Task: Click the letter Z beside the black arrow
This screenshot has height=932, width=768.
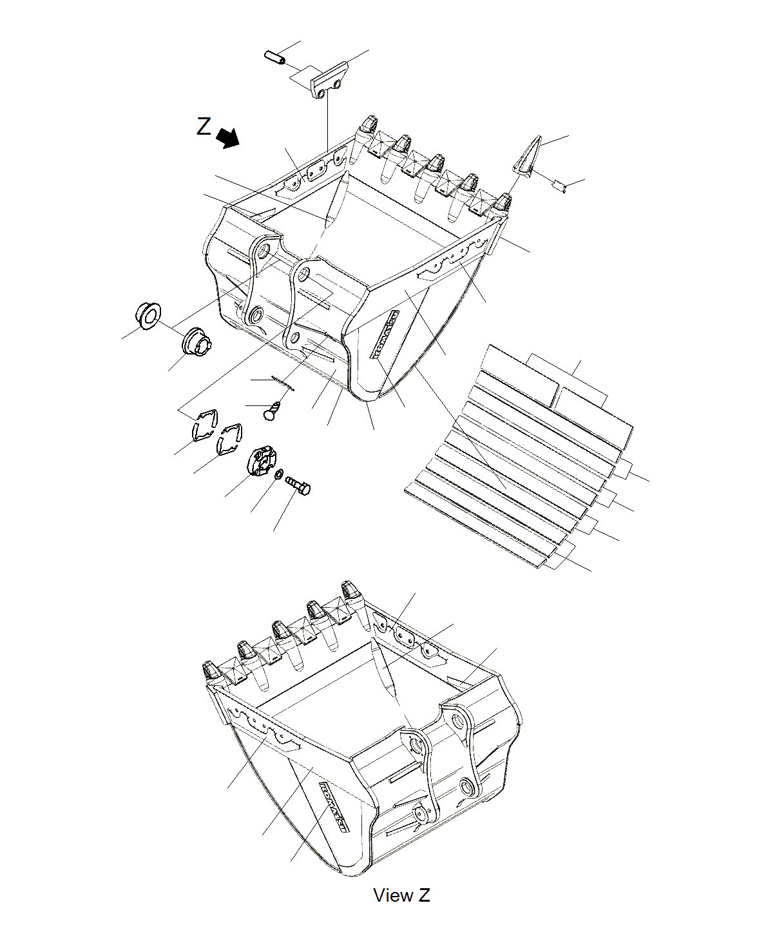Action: coord(204,126)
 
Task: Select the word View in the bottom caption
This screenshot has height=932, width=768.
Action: coord(393,895)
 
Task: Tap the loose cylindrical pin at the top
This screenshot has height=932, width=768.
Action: coord(274,57)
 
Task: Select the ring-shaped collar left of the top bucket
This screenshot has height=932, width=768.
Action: coord(148,315)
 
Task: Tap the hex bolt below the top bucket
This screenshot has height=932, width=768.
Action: coord(298,484)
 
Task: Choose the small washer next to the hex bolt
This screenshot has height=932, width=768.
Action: coord(278,475)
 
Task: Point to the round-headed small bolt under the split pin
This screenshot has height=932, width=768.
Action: coord(273,411)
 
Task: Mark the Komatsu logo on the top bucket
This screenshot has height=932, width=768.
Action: coord(384,333)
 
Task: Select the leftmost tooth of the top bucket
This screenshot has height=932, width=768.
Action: coord(366,124)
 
